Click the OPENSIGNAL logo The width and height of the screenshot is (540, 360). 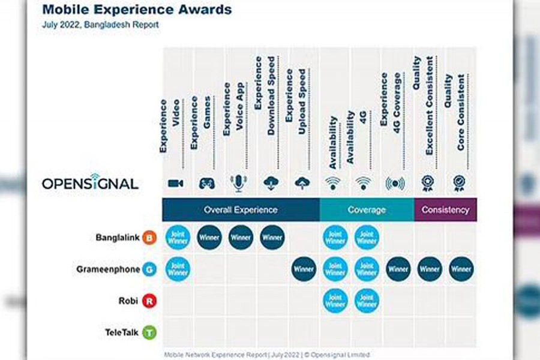(90, 184)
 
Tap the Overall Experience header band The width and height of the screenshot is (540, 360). (241, 210)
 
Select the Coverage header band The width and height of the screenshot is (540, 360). (367, 210)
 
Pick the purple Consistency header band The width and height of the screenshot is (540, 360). (445, 210)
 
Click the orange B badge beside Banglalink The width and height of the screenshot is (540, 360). (149, 238)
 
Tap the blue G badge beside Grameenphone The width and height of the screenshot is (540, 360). (149, 269)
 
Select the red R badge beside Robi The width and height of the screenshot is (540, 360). (149, 301)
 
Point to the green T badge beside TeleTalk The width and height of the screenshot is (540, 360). (149, 332)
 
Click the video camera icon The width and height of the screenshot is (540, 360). (176, 184)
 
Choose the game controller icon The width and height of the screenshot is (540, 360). (207, 184)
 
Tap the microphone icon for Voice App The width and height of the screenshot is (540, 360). (239, 184)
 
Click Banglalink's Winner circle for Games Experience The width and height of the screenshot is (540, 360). (209, 238)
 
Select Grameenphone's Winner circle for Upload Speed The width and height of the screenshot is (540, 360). (304, 269)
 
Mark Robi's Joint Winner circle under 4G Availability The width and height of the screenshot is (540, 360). (367, 301)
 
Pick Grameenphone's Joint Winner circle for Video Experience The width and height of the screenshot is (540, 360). (178, 269)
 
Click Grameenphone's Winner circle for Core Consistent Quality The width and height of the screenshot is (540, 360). (461, 269)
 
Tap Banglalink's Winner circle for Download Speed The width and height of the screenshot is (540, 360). (272, 238)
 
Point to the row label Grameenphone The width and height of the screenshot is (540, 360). (109, 269)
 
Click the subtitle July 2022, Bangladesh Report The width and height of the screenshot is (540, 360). (101, 26)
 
